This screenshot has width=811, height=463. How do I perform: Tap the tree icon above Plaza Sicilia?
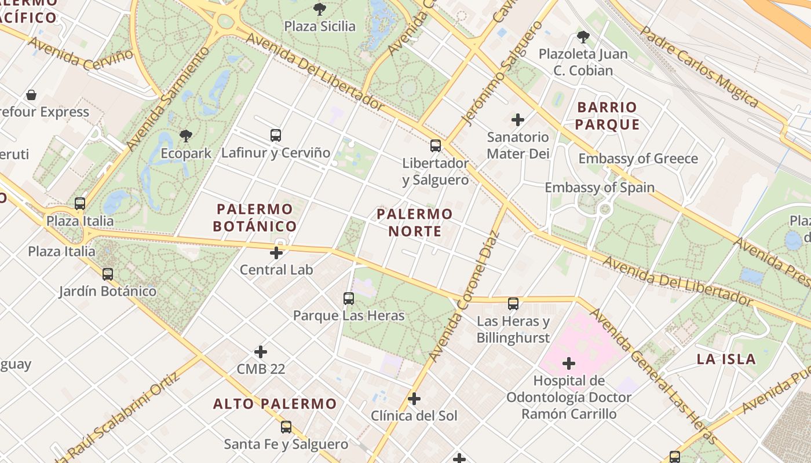coord(319,9)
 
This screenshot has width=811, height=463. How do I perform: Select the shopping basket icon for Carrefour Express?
coord(31,95)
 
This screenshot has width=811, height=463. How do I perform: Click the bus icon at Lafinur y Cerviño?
coord(276,135)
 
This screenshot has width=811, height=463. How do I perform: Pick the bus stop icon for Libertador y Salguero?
coord(436,145)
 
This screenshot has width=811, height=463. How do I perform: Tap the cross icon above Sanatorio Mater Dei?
coord(518,120)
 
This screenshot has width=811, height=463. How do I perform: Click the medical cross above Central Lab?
coord(276,252)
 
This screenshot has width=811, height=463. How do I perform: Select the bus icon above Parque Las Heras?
coord(348,298)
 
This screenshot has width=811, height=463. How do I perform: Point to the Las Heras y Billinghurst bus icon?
coord(513,303)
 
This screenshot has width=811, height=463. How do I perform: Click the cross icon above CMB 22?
coord(261,351)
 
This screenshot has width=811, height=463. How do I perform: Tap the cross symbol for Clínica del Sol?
coord(414,398)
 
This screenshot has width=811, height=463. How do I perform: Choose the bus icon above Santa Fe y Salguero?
coord(286,427)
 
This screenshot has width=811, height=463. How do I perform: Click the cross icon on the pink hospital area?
coord(569,363)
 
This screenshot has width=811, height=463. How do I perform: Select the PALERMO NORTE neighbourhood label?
coord(414,223)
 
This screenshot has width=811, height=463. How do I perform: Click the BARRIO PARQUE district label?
coord(607,116)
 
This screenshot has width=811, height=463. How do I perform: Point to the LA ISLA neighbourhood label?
coord(726,359)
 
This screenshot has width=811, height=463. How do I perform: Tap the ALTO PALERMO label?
coord(275,404)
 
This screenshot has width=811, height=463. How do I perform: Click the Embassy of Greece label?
coord(638,159)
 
